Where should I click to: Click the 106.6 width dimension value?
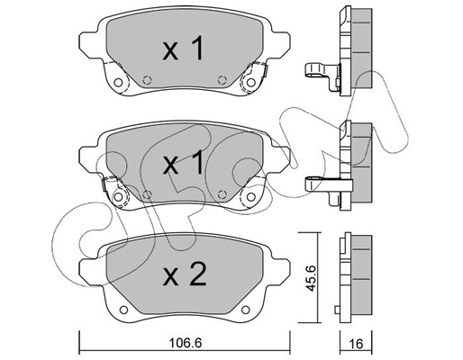pos(186,343)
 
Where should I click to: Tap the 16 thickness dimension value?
pos(356,344)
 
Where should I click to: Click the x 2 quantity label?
pos(185,274)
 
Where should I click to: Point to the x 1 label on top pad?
pos(183,48)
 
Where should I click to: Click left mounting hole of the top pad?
pos(119,83)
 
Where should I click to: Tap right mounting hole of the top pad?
pos(250,82)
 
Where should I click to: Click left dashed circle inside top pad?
pos(147,80)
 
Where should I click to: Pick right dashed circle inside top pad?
pos(222,80)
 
